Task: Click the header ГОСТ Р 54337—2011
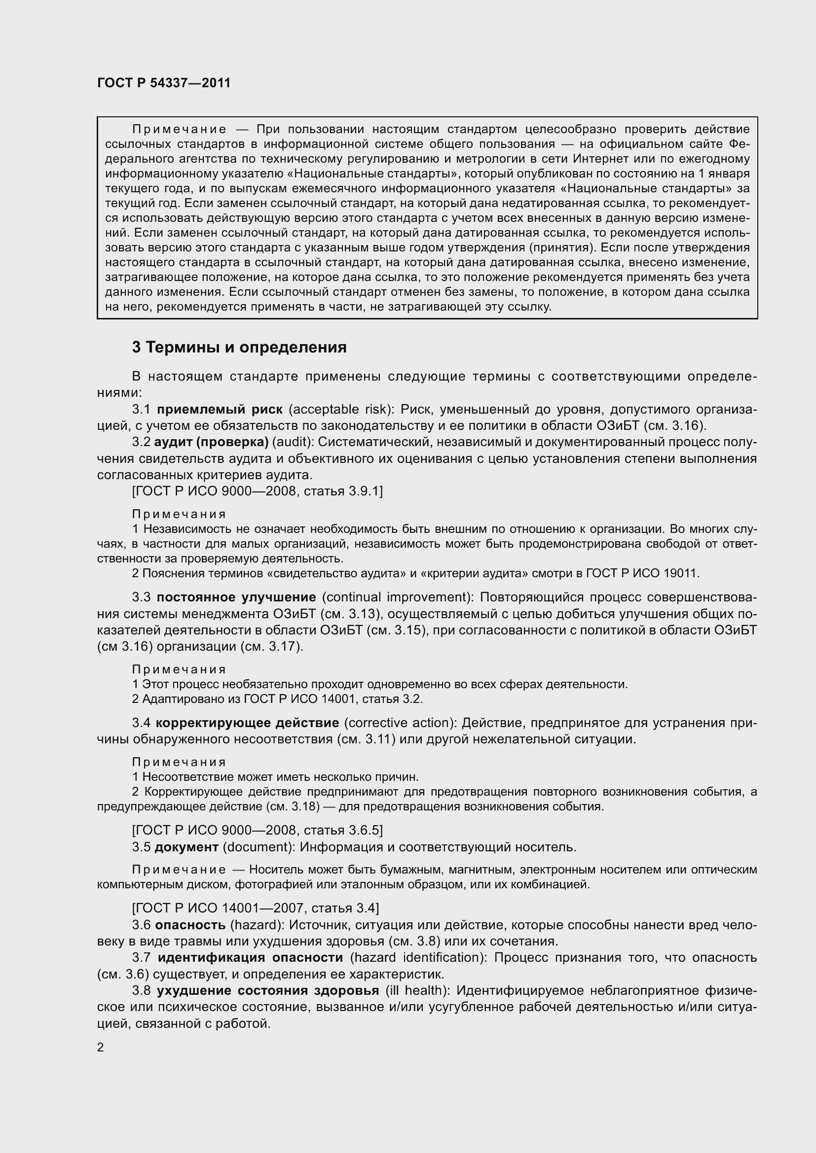164,83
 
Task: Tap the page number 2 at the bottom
101,1048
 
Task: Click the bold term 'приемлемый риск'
220,409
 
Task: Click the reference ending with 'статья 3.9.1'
257,490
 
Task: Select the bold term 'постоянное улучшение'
236,597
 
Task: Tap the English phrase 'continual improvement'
395,597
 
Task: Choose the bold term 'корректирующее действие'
247,723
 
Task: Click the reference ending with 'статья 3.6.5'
257,830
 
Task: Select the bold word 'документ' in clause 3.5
186,847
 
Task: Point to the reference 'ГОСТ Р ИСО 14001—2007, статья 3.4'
255,908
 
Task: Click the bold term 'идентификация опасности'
250,957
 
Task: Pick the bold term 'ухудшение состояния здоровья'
268,990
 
